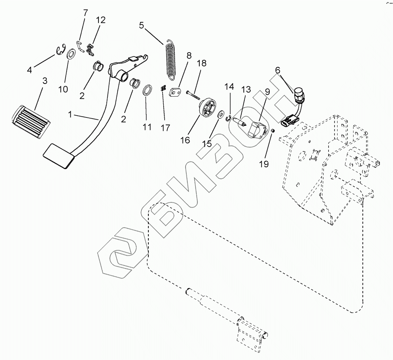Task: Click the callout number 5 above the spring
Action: (x=141, y=25)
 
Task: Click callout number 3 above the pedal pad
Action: (x=45, y=81)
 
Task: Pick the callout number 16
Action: (x=185, y=140)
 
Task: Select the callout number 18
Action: (x=201, y=63)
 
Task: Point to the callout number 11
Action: (x=147, y=127)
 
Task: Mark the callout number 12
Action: (x=101, y=20)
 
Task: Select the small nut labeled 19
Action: (x=272, y=131)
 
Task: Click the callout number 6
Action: (x=277, y=70)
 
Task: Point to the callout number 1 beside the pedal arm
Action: (x=70, y=115)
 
